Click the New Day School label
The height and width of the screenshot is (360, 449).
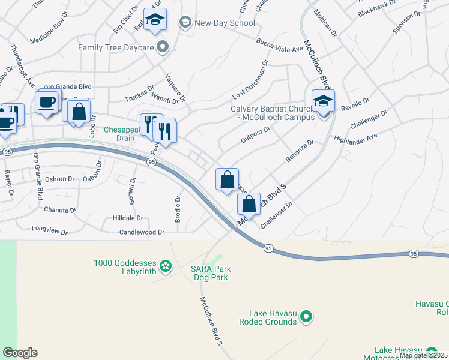point(224,23)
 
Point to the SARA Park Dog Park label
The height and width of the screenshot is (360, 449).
point(211,273)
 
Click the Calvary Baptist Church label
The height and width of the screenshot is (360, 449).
point(273,113)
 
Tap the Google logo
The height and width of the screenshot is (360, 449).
point(20,353)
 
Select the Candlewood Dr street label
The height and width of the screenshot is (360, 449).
point(142,232)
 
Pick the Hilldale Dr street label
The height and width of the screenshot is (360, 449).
point(128,218)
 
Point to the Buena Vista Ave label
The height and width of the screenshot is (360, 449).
point(279,45)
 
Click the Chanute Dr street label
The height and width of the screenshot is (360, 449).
point(60,210)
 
